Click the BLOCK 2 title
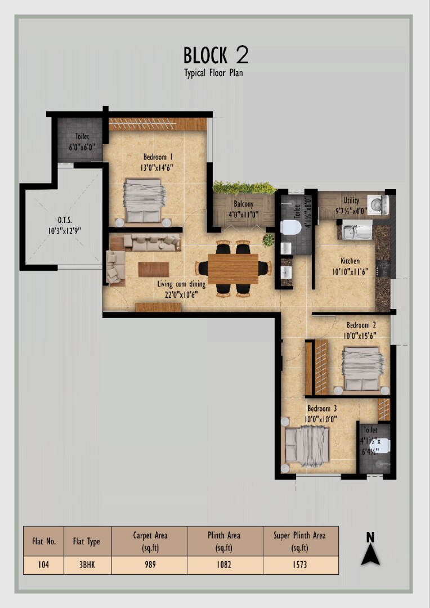click(x=216, y=55)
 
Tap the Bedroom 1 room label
click(x=158, y=157)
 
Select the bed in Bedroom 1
click(x=144, y=201)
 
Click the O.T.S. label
click(x=65, y=220)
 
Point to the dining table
click(x=233, y=269)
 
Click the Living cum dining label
click(x=181, y=284)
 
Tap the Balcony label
click(x=244, y=204)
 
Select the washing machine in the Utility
click(x=378, y=204)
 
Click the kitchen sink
click(x=357, y=231)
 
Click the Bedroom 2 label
click(x=361, y=325)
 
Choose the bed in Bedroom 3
click(x=307, y=446)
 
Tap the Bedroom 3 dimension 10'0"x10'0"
click(x=321, y=419)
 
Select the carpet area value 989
click(x=150, y=565)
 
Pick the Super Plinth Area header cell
click(x=300, y=542)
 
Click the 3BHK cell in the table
click(x=87, y=565)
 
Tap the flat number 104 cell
click(x=43, y=565)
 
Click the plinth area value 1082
click(x=224, y=565)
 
